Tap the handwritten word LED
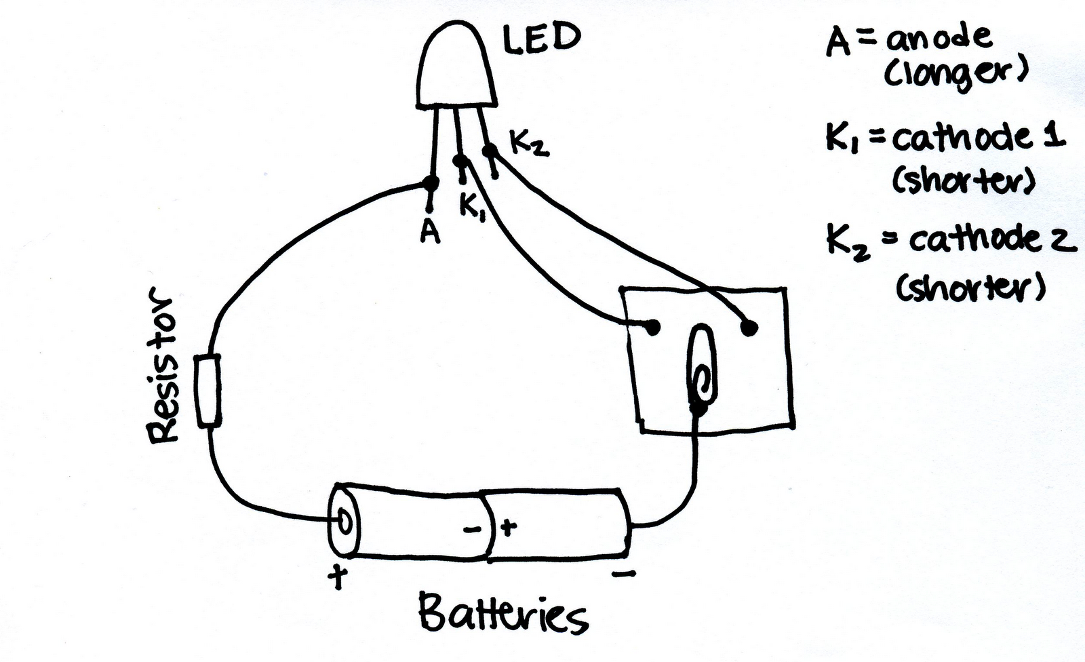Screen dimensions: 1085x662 click(x=541, y=38)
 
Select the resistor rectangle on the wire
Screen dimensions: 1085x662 click(x=209, y=391)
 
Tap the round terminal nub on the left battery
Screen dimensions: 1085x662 click(x=345, y=522)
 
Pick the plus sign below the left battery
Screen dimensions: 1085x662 click(x=338, y=578)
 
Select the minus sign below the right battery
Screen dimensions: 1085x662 click(x=623, y=575)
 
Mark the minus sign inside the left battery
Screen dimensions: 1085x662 click(x=473, y=530)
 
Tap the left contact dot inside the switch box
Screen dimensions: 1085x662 click(x=652, y=328)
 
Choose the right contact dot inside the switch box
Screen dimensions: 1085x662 click(x=749, y=328)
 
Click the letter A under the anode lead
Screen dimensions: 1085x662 click(x=430, y=232)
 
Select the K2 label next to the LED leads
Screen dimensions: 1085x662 click(x=529, y=144)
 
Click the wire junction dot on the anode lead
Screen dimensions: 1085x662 click(x=430, y=183)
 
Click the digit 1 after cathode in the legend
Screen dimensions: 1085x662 click(x=1057, y=136)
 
